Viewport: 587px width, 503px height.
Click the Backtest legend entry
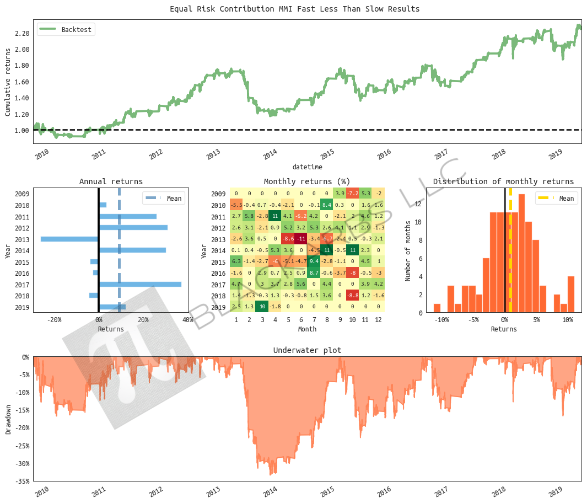(66, 29)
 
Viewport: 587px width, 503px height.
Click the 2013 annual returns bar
(69, 239)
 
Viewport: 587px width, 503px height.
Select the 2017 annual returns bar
(140, 284)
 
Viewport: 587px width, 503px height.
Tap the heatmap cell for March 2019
(262, 307)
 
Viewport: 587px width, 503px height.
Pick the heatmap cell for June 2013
(300, 239)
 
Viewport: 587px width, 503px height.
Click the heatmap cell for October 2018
(352, 296)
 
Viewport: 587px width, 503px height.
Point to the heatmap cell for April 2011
(274, 216)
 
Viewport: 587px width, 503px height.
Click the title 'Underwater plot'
(307, 350)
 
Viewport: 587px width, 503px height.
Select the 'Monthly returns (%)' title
(307, 181)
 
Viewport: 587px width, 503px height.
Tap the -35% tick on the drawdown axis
(22, 481)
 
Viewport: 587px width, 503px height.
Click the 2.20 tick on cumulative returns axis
(22, 34)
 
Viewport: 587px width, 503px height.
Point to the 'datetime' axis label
(307, 167)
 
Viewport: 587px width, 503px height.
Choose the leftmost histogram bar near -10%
(437, 308)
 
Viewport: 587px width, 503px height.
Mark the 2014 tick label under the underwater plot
(270, 491)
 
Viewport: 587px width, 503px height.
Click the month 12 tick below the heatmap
(378, 320)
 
